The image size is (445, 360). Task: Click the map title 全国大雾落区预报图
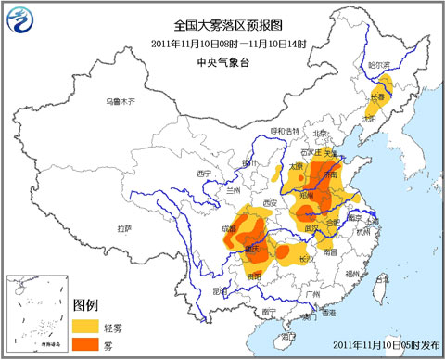(x=223, y=27)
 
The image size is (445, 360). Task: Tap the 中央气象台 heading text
(x=223, y=62)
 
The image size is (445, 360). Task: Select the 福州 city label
(x=350, y=275)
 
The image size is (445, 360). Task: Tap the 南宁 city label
(x=269, y=312)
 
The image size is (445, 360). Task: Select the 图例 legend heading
(x=85, y=304)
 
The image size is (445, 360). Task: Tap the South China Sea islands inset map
(x=37, y=311)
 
